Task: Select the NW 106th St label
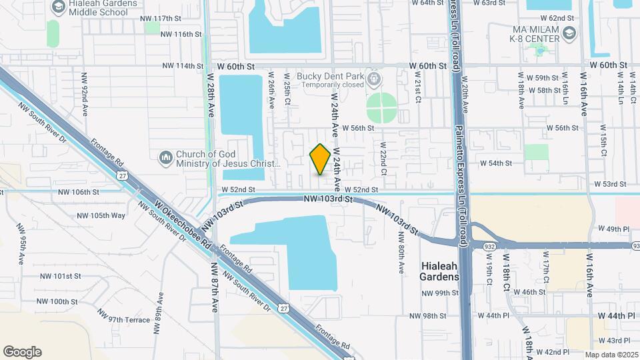tap(79, 191)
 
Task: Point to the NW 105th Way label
tap(101, 215)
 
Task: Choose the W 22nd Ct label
tap(383, 158)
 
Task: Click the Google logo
tap(22, 352)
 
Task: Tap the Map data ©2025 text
tap(611, 355)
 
